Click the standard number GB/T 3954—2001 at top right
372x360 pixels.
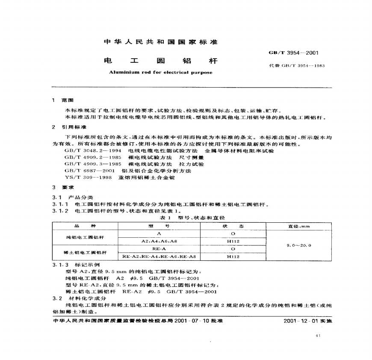293,53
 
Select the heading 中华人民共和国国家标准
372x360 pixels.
161,42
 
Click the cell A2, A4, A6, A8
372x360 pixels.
158,241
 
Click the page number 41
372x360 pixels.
317,336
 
